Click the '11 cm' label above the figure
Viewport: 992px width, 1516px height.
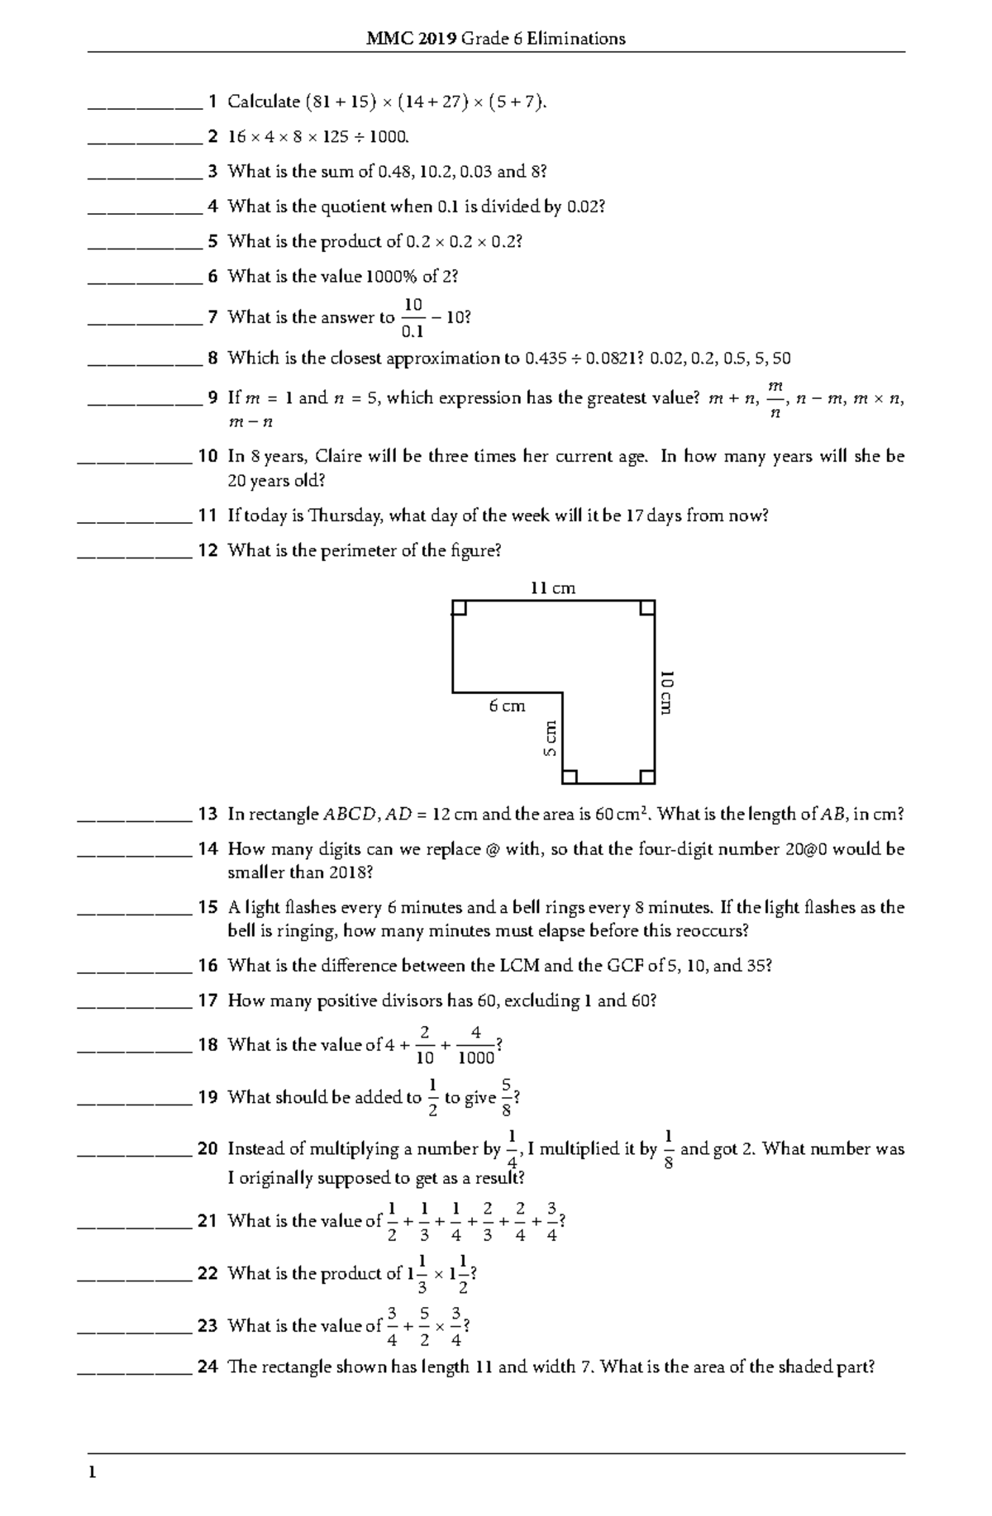552,588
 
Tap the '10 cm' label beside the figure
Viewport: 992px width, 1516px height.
666,692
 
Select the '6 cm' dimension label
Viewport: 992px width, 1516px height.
507,706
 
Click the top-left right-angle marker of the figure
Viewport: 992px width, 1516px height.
460,609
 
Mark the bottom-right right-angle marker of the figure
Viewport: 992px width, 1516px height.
647,776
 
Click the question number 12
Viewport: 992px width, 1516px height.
207,550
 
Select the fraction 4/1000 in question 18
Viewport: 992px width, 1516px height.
475,1045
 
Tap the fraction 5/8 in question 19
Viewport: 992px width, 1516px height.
506,1097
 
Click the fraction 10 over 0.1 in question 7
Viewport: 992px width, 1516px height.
413,318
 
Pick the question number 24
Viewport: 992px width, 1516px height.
207,1366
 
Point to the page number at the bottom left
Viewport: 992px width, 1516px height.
93,1472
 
